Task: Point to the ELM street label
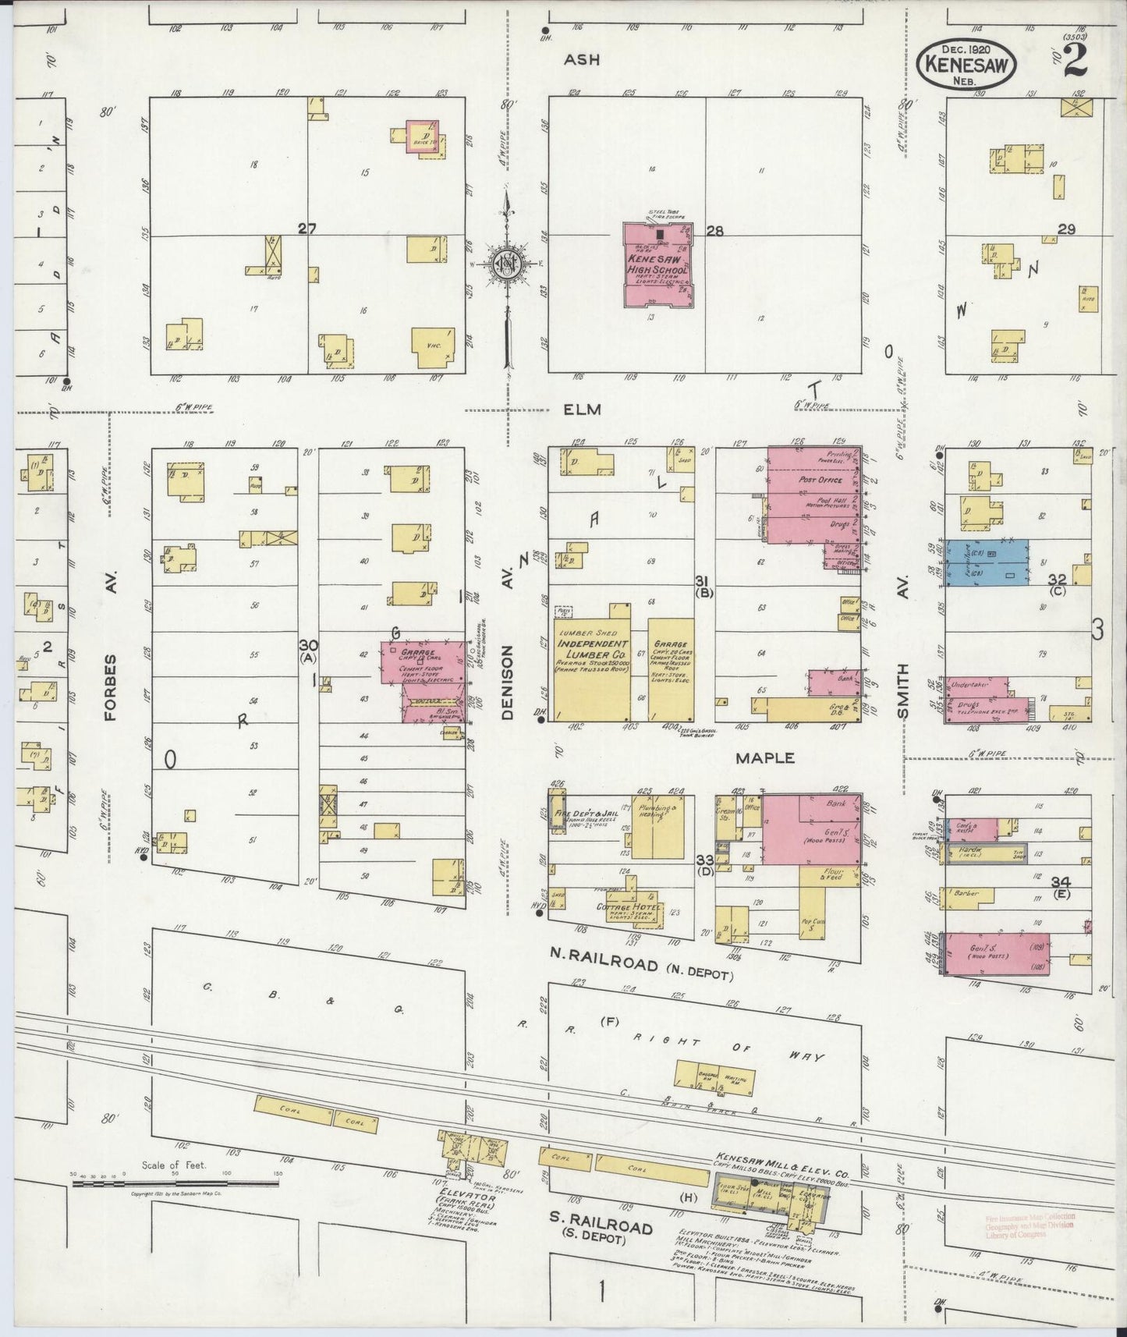[583, 409]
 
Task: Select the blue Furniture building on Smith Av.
[986, 562]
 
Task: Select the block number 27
[307, 229]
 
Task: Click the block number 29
[1066, 229]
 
